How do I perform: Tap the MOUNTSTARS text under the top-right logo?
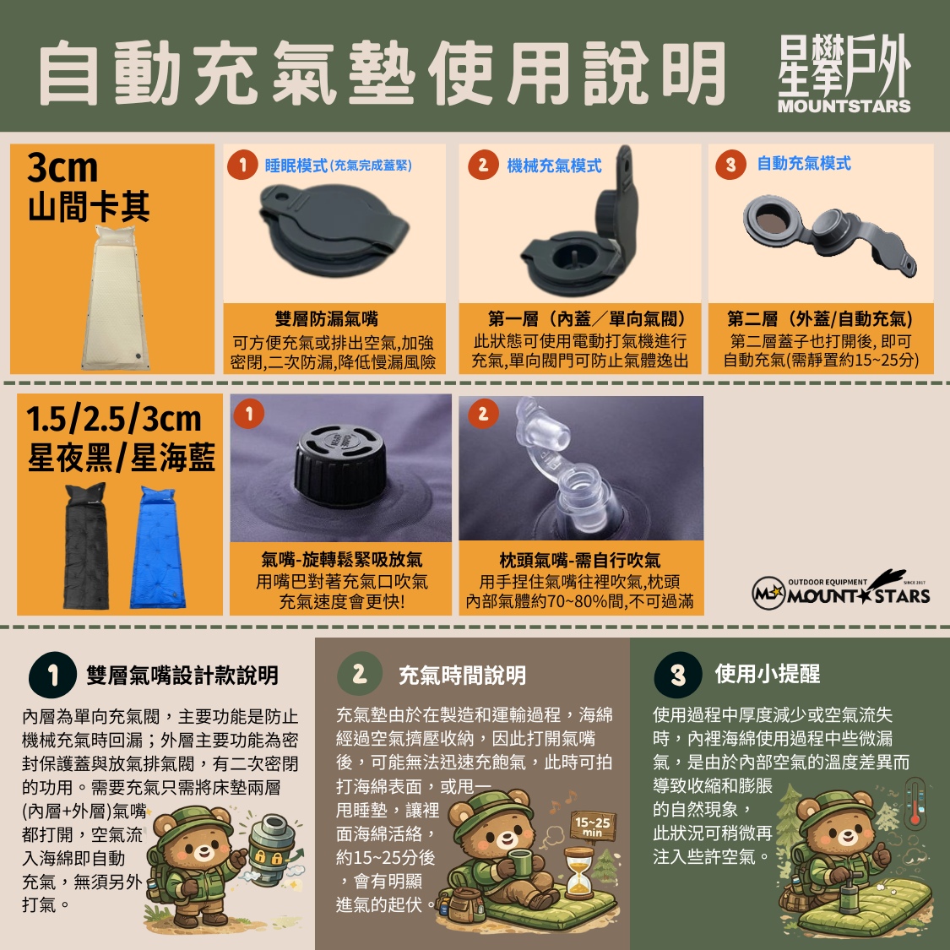tap(844, 106)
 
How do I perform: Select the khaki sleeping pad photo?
tap(116, 297)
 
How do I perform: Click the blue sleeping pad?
tap(155, 547)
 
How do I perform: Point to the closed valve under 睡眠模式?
tap(334, 230)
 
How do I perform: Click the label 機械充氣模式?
tap(554, 166)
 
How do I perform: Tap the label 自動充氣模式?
tap(804, 163)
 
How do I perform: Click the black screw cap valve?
tap(339, 465)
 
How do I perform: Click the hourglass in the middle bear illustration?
tap(578, 873)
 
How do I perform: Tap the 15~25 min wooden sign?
tap(593, 825)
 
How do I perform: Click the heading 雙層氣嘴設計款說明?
tap(182, 675)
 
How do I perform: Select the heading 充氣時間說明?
tap(462, 675)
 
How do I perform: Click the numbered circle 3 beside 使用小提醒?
tap(678, 675)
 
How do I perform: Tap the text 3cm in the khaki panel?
tap(62, 168)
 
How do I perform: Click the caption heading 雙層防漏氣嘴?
tap(327, 318)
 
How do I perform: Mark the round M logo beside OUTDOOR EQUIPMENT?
tap(768, 593)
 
